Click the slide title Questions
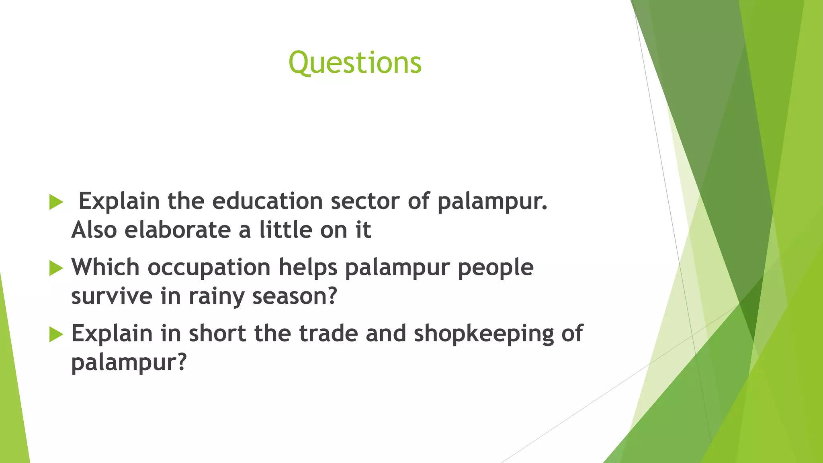coord(355,63)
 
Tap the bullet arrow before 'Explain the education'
coord(56,202)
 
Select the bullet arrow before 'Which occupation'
coord(56,268)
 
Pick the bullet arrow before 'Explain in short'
coord(56,334)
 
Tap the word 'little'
coord(286,230)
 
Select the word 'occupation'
coord(209,267)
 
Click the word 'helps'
coord(308,267)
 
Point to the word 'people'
coord(495,267)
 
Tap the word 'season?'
coord(294,296)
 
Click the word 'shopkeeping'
coord(484,334)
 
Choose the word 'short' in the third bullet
coord(217,333)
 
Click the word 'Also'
coord(94,230)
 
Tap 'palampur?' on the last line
coord(129,362)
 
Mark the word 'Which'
coord(105,267)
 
